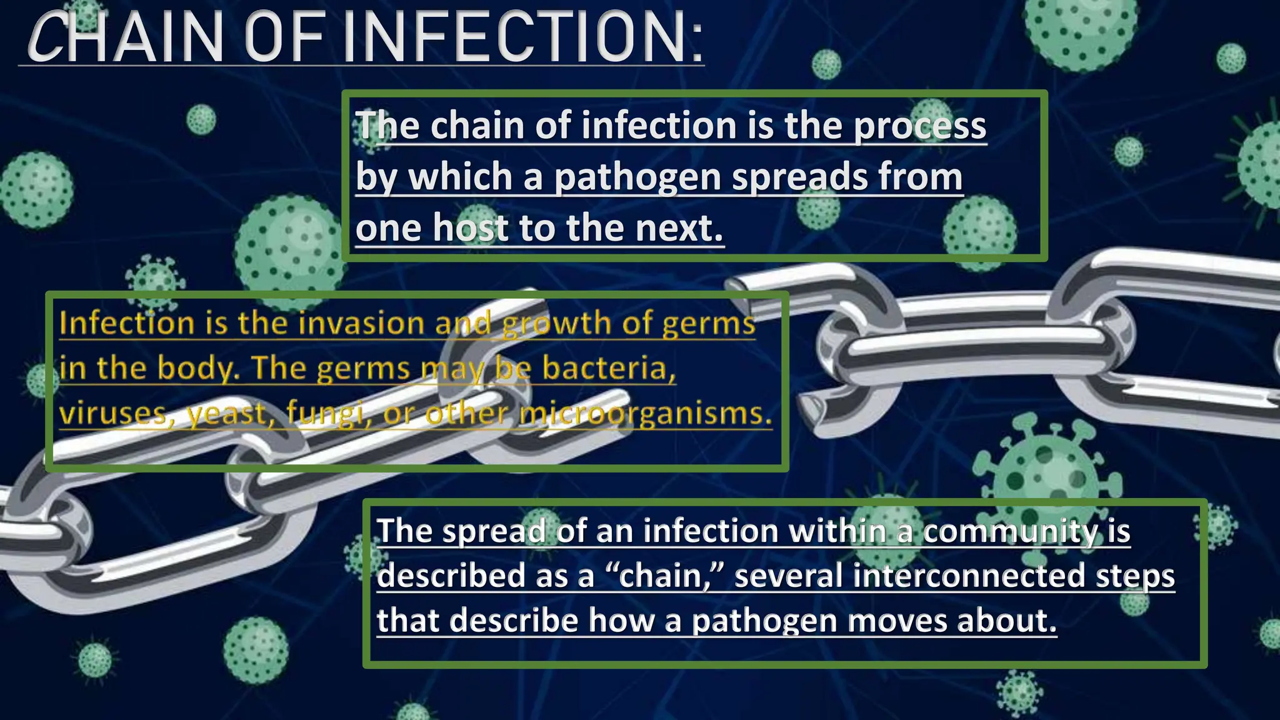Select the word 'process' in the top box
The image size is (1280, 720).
click(x=920, y=126)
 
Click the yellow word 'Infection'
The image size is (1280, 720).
click(x=127, y=324)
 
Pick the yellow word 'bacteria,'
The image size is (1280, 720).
click(x=609, y=368)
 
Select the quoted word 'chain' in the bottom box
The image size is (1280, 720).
click(x=662, y=576)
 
